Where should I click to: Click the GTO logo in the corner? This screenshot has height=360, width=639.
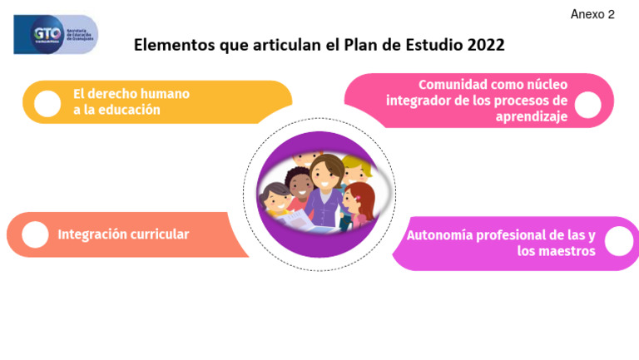(55, 34)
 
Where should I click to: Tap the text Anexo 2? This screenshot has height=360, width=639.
(592, 14)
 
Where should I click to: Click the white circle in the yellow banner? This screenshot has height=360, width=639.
(47, 102)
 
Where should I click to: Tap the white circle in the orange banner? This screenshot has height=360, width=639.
(35, 235)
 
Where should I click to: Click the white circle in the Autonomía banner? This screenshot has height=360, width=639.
(618, 242)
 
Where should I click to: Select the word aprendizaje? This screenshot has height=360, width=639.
(532, 116)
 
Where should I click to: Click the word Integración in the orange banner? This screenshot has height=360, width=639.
(92, 234)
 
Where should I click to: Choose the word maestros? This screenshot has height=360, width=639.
(567, 251)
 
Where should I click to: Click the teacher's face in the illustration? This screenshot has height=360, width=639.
(327, 175)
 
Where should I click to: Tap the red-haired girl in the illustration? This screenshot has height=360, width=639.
(360, 200)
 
